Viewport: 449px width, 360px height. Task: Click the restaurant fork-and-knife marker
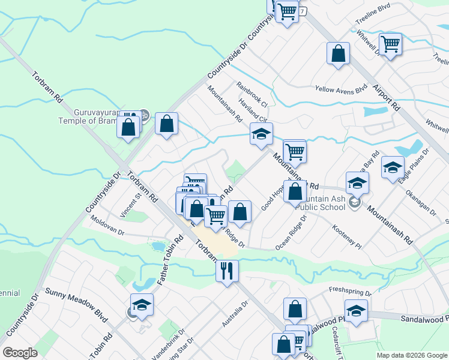pos(227,271)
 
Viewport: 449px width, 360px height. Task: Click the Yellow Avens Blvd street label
pos(341,89)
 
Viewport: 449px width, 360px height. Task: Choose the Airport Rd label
pos(385,95)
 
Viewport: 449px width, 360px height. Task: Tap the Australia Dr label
pos(235,314)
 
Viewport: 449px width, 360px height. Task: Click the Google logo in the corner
pos(20,353)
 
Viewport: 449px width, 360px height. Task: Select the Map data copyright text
pos(412,355)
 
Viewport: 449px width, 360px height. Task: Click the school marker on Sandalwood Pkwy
pos(356,312)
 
